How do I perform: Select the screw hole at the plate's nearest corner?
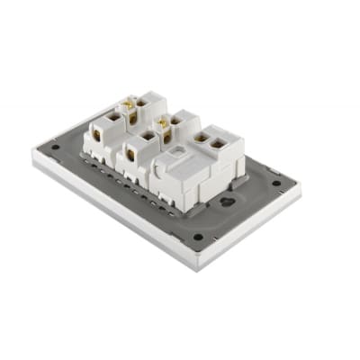pos(198,238)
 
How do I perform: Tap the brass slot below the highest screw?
pos(132,117)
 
